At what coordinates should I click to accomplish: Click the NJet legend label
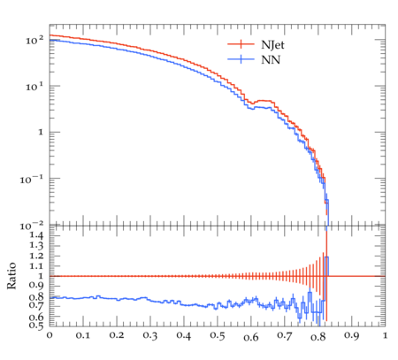coord(272,45)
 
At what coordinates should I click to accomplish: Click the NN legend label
coord(271,60)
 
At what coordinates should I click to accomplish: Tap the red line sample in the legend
coord(241,44)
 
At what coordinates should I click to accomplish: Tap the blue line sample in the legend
coord(241,59)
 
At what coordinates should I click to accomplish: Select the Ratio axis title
coord(11,276)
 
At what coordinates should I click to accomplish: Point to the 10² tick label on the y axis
coord(34,40)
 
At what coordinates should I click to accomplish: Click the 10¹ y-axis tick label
coord(34,86)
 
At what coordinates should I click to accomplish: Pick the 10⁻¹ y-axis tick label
coord(32,179)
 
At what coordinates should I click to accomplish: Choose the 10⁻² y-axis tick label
coord(32,226)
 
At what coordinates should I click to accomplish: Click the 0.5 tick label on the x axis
coord(218,335)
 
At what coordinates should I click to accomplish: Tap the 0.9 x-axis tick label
coord(352,335)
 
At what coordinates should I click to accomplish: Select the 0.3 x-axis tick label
coord(150,335)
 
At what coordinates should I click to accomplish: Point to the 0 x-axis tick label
coord(50,335)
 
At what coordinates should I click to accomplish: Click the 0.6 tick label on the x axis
coord(251,336)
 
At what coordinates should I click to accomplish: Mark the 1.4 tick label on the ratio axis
coord(36,235)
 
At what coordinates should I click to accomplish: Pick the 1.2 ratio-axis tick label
coord(36,256)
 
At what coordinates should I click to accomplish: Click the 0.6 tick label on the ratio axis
coord(36,318)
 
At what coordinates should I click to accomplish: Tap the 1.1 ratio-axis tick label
coord(36,266)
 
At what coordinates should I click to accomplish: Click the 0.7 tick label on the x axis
coord(285,335)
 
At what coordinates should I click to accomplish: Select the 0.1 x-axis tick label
coord(83,335)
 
